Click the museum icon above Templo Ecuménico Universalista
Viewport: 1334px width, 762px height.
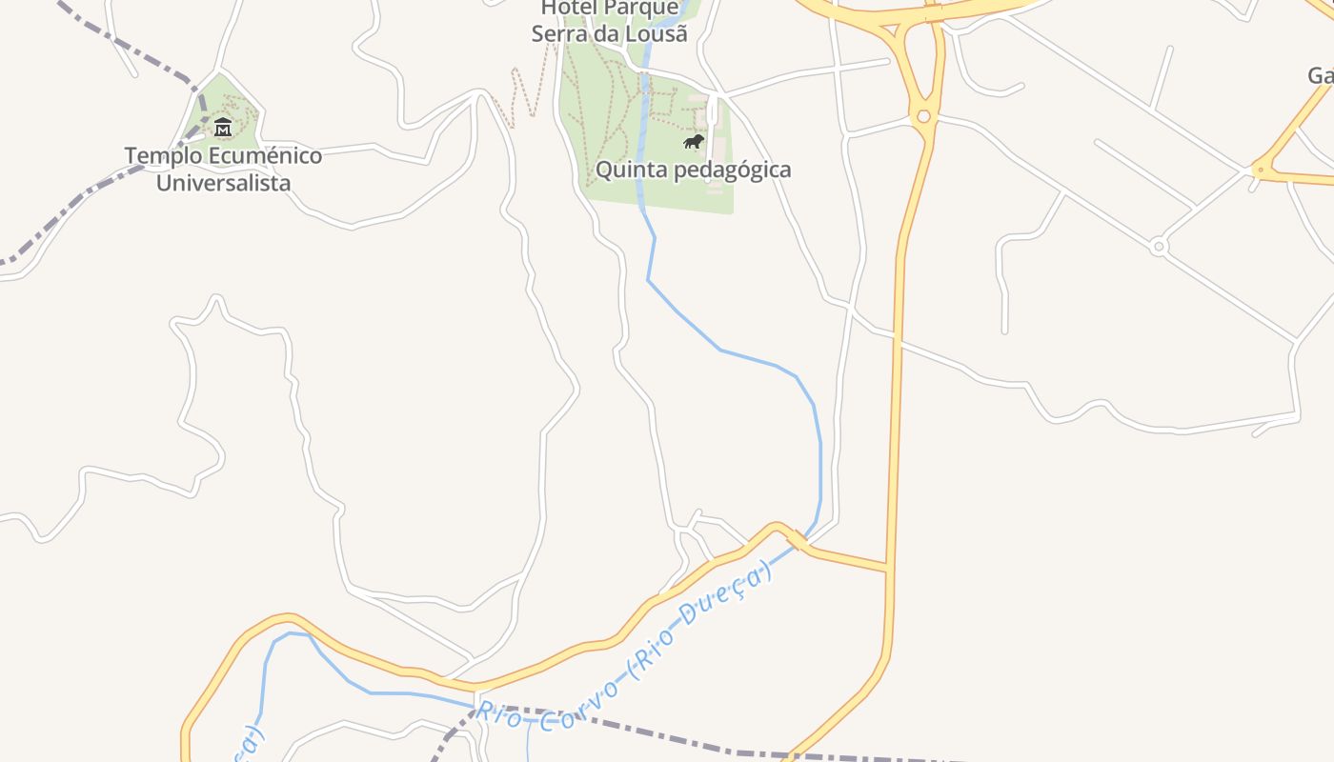coord(223,127)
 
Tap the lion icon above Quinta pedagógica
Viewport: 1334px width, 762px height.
coord(694,142)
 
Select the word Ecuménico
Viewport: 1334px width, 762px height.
coord(262,155)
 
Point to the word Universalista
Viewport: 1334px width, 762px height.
coord(223,183)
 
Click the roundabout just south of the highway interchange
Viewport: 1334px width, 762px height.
coord(922,116)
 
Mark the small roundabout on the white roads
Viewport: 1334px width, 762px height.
coord(1159,247)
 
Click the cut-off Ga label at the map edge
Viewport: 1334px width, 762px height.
coord(1320,76)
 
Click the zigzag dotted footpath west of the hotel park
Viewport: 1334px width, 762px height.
coord(524,95)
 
